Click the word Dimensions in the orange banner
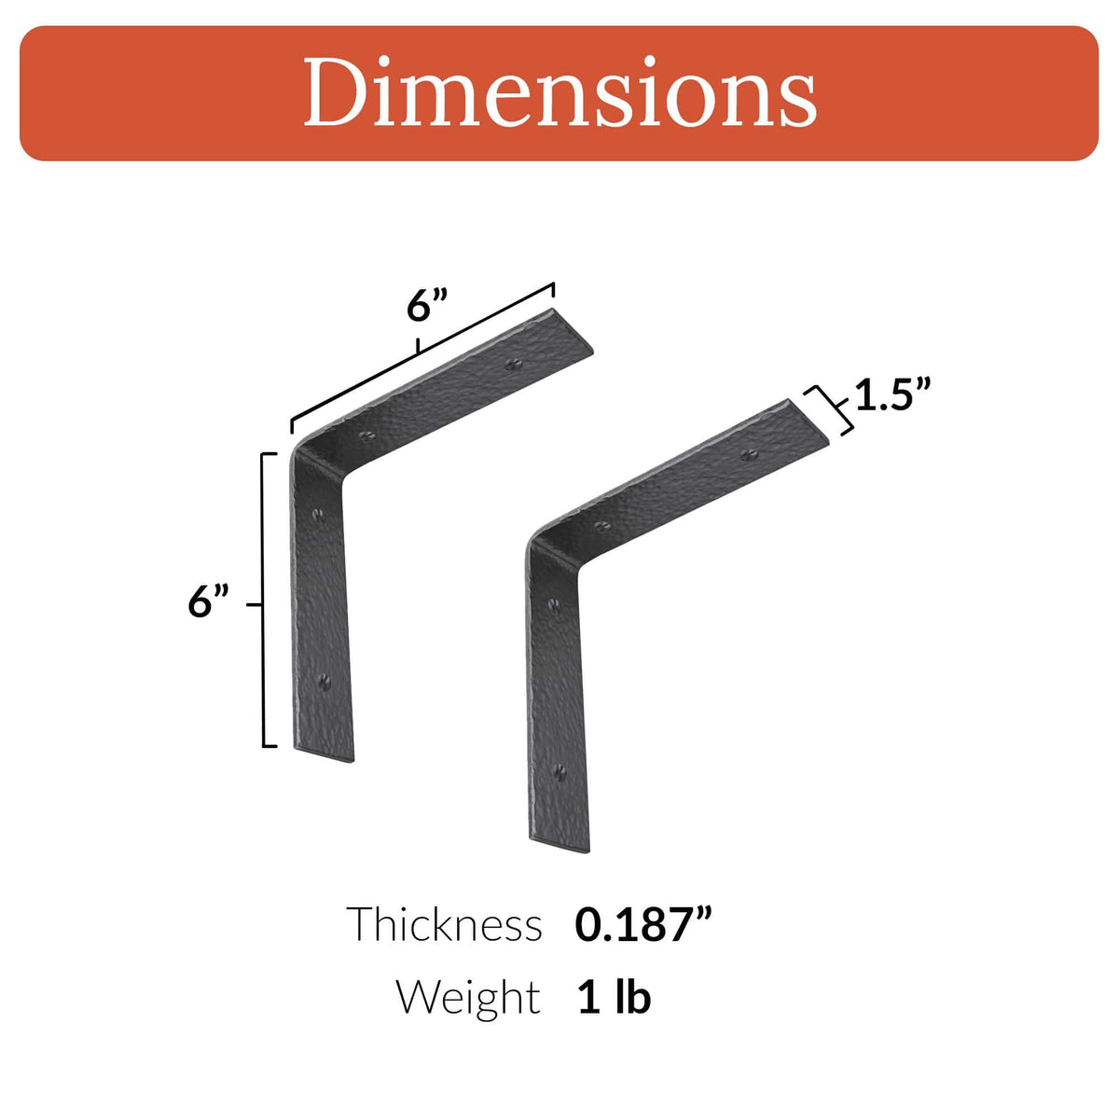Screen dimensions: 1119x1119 pyautogui.click(x=559, y=92)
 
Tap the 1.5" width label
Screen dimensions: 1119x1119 pyautogui.click(x=893, y=395)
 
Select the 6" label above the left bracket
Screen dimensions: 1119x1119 pyautogui.click(x=428, y=304)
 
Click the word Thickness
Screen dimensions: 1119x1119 pyautogui.click(x=444, y=924)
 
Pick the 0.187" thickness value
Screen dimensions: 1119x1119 pyautogui.click(x=643, y=924)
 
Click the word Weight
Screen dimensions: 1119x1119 pyautogui.click(x=467, y=997)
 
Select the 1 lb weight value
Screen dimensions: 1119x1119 pyautogui.click(x=614, y=997)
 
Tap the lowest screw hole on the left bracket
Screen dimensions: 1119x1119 pyautogui.click(x=325, y=682)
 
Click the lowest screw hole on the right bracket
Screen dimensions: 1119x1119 pyautogui.click(x=560, y=771)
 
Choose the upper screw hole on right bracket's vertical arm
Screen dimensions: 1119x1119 pyautogui.click(x=557, y=606)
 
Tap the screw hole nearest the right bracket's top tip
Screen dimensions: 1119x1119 pyautogui.click(x=747, y=454)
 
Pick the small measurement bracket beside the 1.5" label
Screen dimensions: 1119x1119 pyautogui.click(x=832, y=409)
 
